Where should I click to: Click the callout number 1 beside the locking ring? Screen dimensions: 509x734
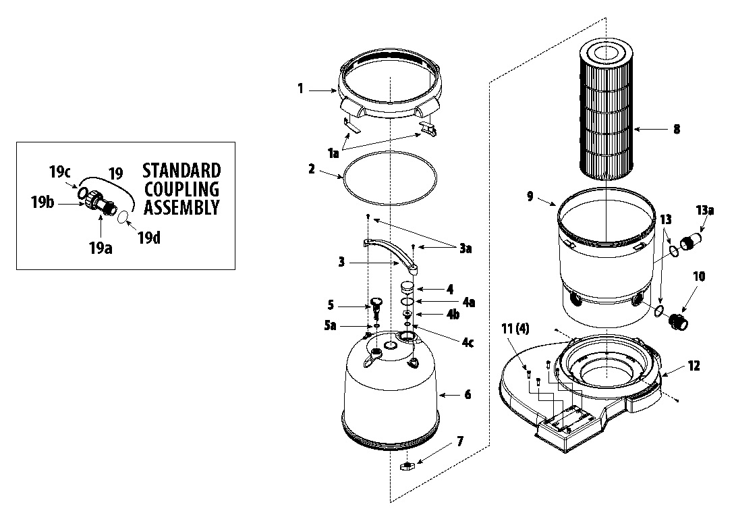(301, 88)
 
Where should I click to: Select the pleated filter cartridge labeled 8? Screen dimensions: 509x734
(608, 108)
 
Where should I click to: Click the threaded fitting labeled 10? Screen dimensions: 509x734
(677, 318)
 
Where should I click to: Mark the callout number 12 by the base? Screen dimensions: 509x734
(694, 366)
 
